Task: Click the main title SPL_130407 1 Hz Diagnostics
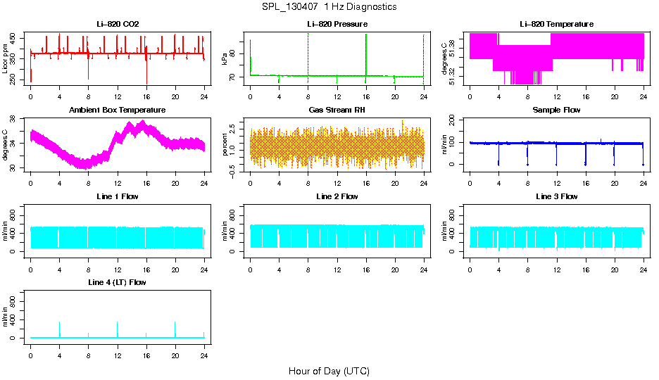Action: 329,7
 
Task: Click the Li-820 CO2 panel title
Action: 118,25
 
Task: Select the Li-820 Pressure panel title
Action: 337,25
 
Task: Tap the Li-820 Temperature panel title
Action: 556,25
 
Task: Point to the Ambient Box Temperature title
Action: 118,110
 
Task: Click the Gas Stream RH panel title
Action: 337,110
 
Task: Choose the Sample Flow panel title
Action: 556,110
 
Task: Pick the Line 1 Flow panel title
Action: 118,196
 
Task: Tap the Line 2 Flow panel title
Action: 337,196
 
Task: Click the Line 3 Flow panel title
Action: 556,196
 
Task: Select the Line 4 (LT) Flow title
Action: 118,282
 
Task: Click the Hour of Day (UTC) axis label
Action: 329,371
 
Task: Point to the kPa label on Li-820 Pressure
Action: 225,59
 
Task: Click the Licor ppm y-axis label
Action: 6,59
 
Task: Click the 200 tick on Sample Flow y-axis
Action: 454,120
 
